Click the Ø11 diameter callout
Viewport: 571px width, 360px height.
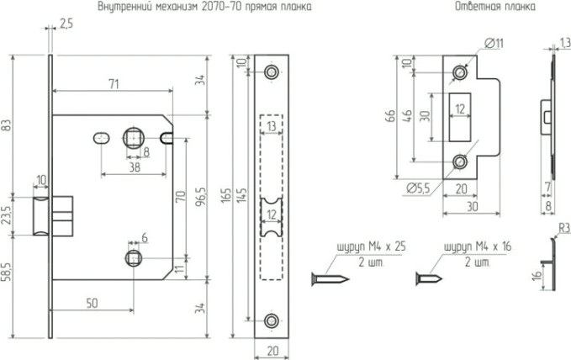tap(494, 42)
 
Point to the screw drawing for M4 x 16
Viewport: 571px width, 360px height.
tap(431, 277)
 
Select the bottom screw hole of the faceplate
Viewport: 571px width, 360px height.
tap(271, 320)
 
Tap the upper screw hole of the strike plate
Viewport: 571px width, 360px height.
tap(459, 73)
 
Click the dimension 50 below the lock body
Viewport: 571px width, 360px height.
tap(91, 301)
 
